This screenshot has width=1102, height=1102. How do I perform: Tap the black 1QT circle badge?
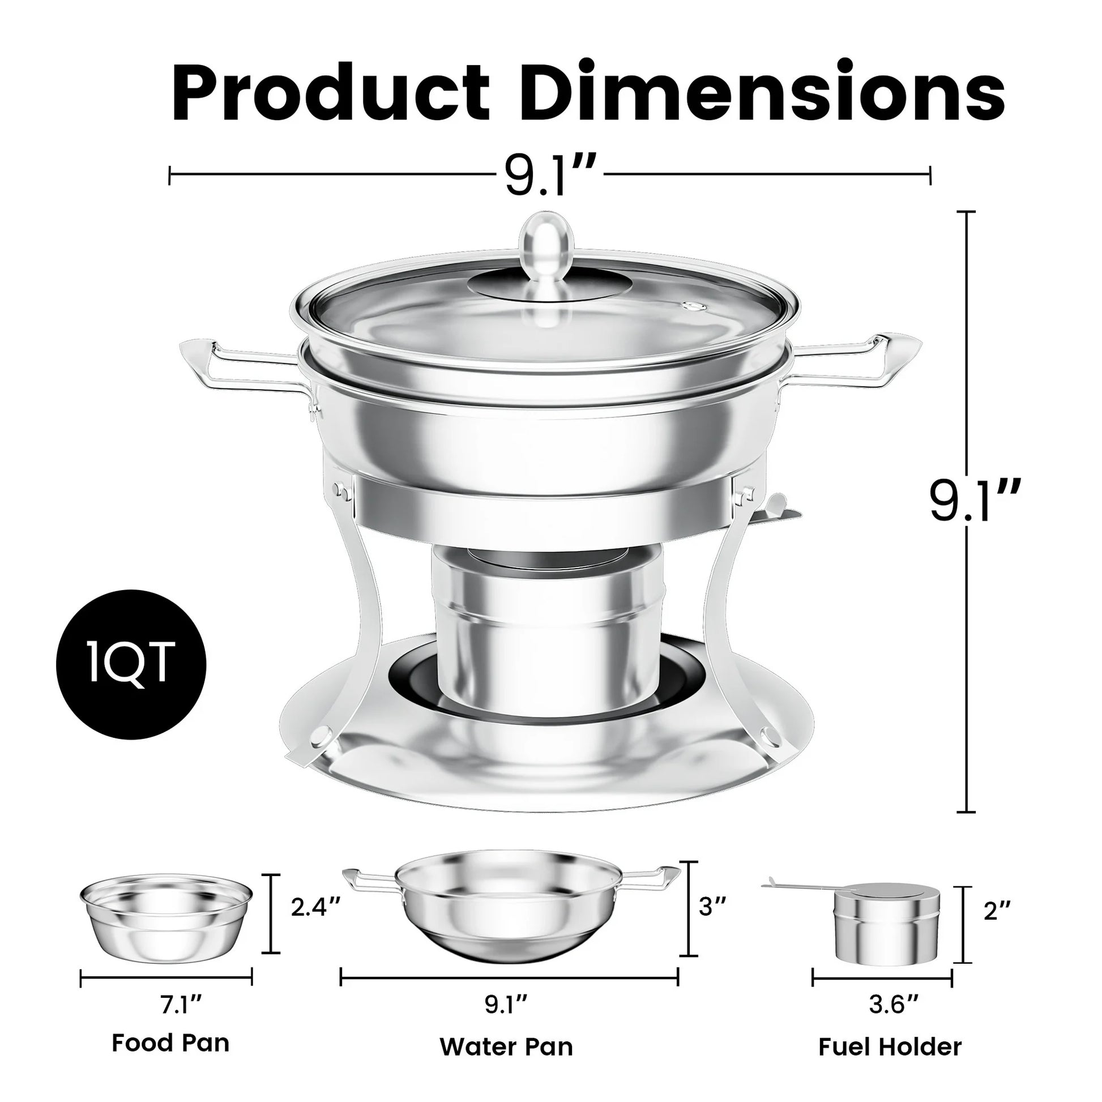pyautogui.click(x=131, y=664)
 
